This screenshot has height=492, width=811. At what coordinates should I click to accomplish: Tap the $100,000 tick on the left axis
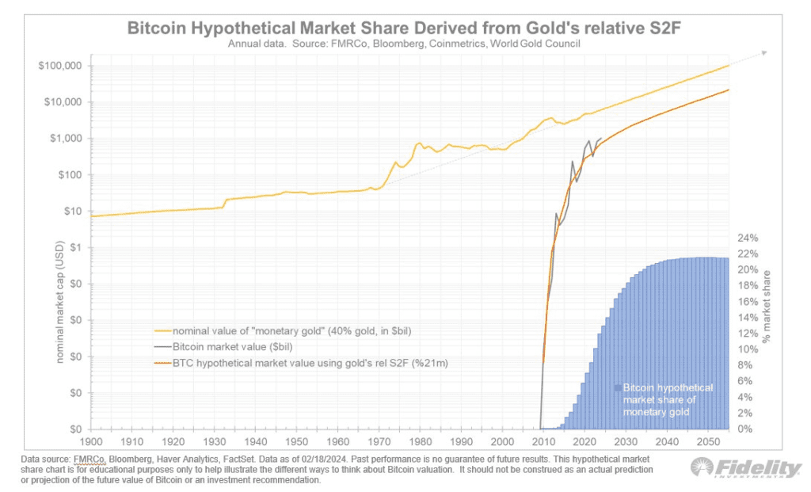click(60, 66)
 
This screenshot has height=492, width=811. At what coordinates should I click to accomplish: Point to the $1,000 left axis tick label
click(66, 139)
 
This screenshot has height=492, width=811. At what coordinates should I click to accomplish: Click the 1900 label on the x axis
click(92, 440)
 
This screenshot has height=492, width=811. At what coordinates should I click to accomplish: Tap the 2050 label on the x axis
click(707, 440)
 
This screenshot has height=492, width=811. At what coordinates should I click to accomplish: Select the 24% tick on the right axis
click(748, 238)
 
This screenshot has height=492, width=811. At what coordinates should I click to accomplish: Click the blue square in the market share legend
click(618, 388)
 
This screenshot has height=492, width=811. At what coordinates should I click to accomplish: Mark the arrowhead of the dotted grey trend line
click(764, 52)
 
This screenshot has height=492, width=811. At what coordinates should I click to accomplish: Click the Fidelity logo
click(745, 468)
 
